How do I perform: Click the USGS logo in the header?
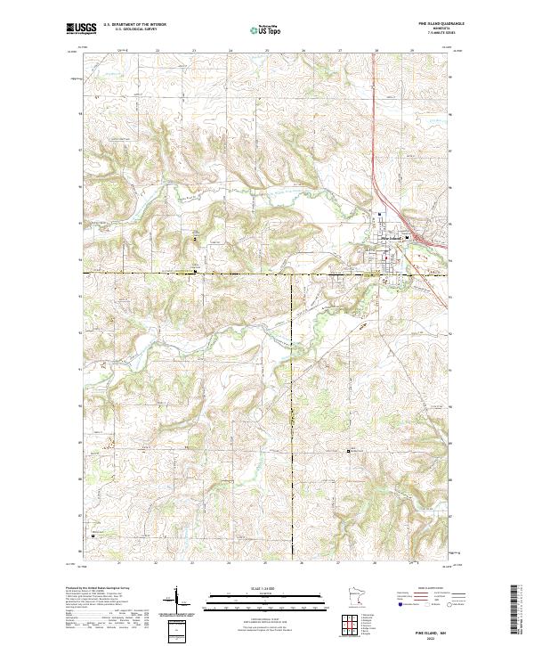click(x=80, y=29)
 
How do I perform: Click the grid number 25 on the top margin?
click(x=267, y=51)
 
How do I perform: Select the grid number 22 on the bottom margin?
click(x=157, y=563)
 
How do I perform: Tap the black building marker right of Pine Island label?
click(x=408, y=237)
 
